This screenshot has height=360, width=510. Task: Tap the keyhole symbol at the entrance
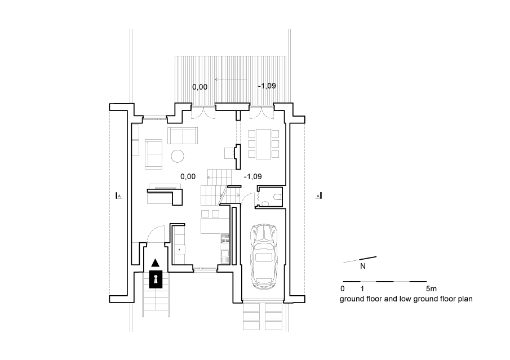(156, 279)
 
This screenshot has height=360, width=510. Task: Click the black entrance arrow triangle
(156, 263)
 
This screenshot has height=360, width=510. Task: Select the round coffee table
(178, 155)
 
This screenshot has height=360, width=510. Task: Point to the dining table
(264, 144)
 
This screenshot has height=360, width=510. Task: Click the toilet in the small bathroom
(277, 197)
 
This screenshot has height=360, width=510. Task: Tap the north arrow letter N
(363, 266)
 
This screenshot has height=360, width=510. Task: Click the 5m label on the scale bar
(431, 288)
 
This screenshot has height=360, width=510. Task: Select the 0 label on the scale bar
(342, 288)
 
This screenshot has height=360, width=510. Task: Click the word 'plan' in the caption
(465, 299)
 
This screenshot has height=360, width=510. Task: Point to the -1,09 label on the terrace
(267, 86)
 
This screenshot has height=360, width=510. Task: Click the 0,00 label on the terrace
(199, 87)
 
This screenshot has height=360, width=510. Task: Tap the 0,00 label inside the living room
(188, 176)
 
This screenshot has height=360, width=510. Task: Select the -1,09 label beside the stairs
(252, 176)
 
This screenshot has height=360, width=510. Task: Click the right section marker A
(318, 195)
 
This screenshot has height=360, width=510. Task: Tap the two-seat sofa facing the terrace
(183, 136)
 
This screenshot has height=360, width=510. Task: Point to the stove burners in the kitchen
(225, 238)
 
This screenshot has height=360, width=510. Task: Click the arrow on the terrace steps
(230, 79)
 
